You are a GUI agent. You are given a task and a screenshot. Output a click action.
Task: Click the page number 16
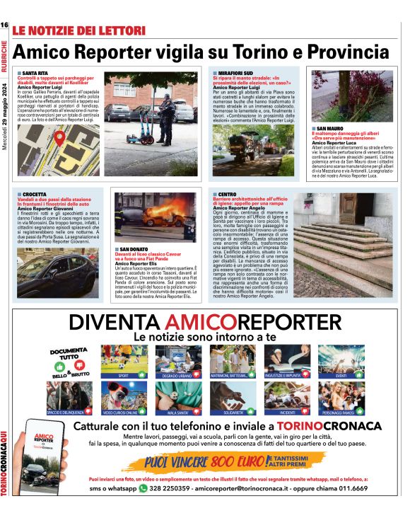pyautogui.click(x=4, y=25)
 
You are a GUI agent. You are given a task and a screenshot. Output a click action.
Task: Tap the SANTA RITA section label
pyautogui.click(x=35, y=73)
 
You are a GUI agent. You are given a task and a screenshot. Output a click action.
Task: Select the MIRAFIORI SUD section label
pyautogui.click(x=233, y=73)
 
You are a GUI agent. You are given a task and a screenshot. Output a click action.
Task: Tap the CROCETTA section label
pyautogui.click(x=34, y=194)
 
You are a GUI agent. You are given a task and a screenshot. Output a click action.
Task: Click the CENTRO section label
pyautogui.click(x=227, y=194)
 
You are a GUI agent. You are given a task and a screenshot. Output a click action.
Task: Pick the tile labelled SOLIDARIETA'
pyautogui.click(x=233, y=398)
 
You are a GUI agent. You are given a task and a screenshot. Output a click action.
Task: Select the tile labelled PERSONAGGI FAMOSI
pyautogui.click(x=341, y=398)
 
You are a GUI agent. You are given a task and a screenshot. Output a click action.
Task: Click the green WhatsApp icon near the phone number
pyautogui.click(x=143, y=488)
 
